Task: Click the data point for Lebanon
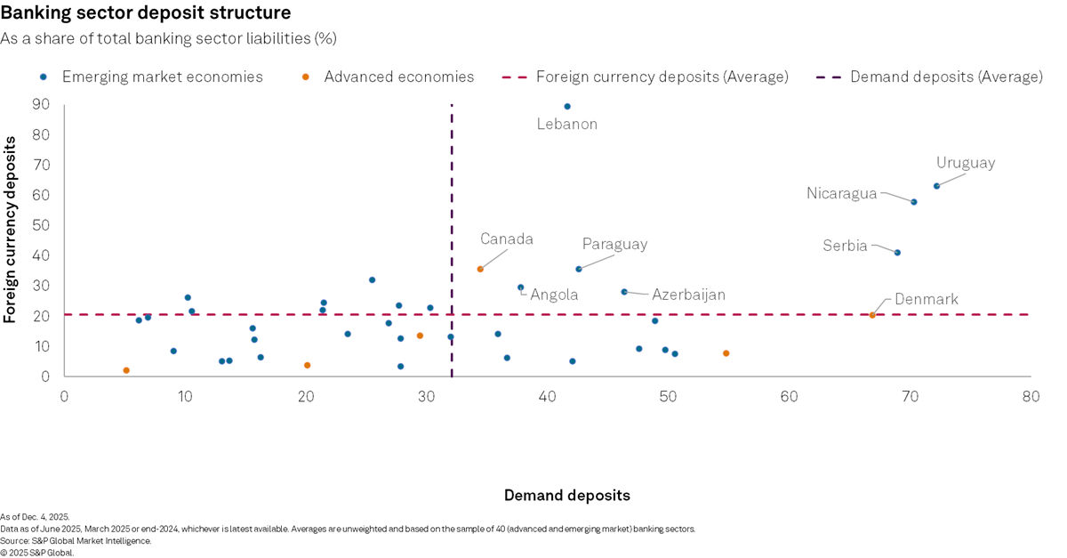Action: click(567, 107)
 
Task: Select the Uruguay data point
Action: click(936, 186)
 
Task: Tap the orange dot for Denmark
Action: click(872, 315)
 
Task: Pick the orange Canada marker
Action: click(480, 269)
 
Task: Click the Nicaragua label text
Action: click(841, 193)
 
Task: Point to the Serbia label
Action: click(845, 247)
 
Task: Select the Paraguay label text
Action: click(614, 244)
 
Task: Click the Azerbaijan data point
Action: click(624, 292)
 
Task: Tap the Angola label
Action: click(554, 295)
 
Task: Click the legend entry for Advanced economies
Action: click(398, 77)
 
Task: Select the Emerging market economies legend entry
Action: click(162, 77)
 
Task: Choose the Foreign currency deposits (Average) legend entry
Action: click(662, 77)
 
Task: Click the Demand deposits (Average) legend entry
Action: click(946, 77)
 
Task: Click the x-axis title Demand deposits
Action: click(566, 495)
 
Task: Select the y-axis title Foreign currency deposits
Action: click(12, 230)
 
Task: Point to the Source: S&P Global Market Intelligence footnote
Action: click(76, 540)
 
